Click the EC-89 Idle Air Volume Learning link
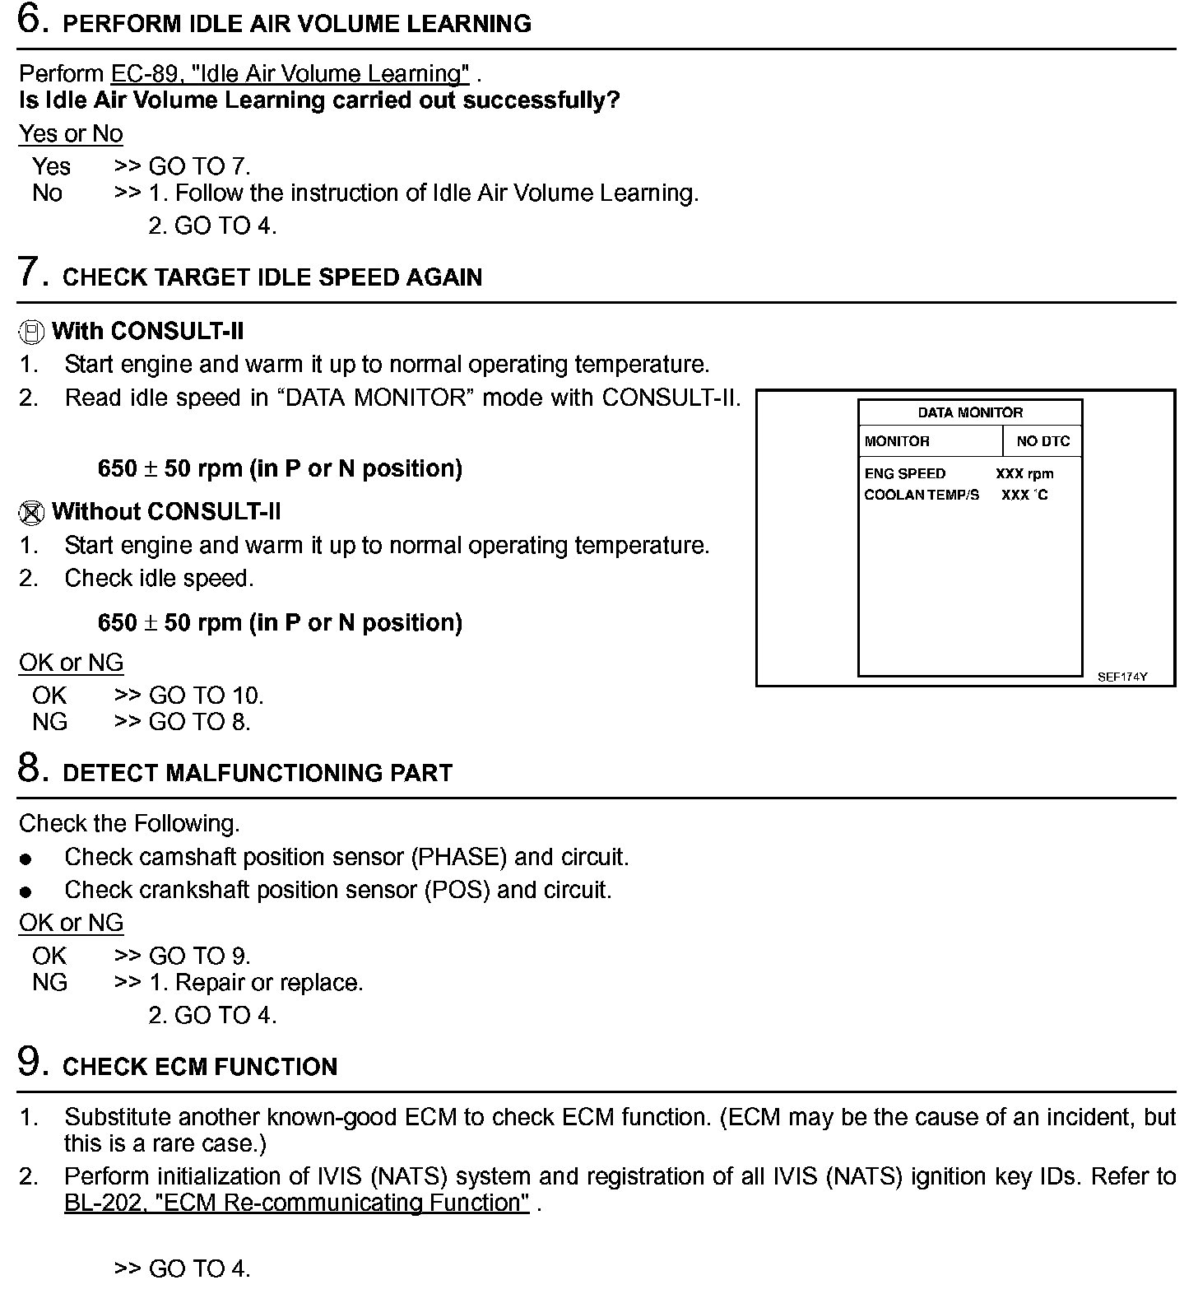click(x=290, y=74)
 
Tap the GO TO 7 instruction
click(x=198, y=166)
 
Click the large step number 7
click(x=30, y=272)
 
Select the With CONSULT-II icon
click(x=30, y=333)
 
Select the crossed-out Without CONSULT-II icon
click(x=30, y=513)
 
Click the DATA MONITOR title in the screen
click(x=970, y=413)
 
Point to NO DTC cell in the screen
click(x=1042, y=441)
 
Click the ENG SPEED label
click(x=904, y=474)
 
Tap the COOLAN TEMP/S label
click(x=922, y=496)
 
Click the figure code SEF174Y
click(x=1121, y=677)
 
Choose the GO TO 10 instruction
click(x=205, y=696)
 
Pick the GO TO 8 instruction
click(x=198, y=722)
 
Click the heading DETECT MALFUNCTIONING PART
click(x=257, y=773)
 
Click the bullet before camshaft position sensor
click(x=26, y=859)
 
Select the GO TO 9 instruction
click(x=198, y=956)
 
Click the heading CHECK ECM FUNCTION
click(x=199, y=1067)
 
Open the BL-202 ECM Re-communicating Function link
click(x=296, y=1203)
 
